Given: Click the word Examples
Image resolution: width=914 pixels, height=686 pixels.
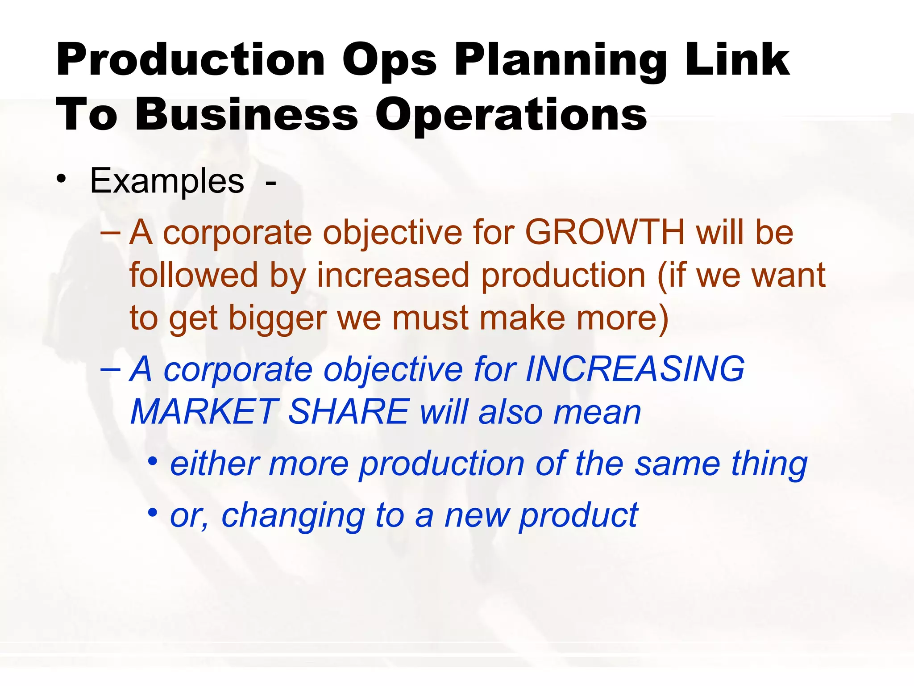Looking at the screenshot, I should (x=167, y=181).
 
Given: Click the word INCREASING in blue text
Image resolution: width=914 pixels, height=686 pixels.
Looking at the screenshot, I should (x=635, y=369).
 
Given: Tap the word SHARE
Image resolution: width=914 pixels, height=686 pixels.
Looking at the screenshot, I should (x=349, y=412).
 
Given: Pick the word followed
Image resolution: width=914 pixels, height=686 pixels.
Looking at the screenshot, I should (x=193, y=275).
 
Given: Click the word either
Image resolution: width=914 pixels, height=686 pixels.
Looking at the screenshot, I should (x=215, y=464).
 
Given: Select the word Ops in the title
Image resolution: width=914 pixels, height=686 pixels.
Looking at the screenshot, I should (x=390, y=61).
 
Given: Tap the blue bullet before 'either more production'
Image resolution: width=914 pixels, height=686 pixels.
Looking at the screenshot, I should (x=153, y=461).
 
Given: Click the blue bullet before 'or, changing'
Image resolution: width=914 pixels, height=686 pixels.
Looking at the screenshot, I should (x=153, y=512).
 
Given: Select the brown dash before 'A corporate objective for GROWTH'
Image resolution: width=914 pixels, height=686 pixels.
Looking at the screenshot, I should (x=110, y=233).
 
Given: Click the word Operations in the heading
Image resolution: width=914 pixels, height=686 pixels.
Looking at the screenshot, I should (x=511, y=115).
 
